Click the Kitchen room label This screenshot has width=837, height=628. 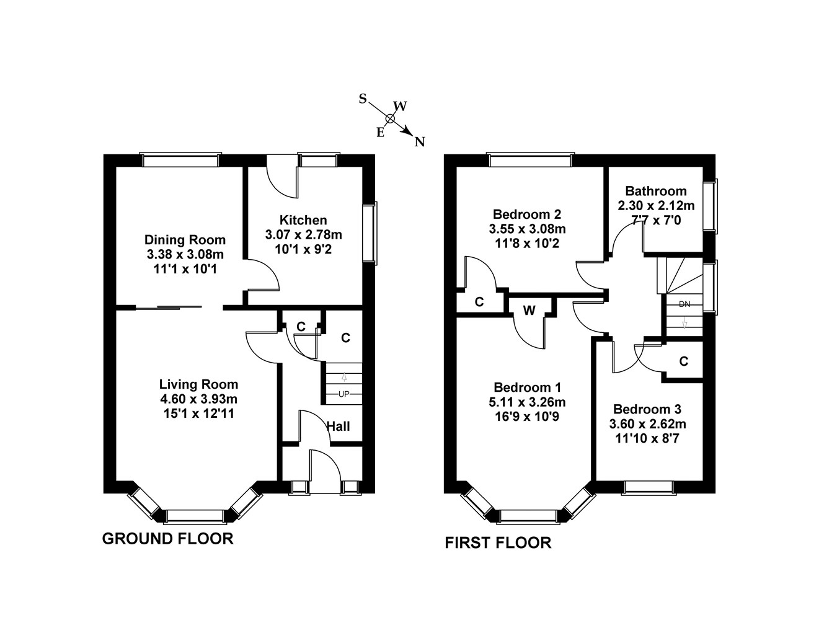click(x=303, y=220)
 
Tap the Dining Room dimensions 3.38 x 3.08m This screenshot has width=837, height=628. click(x=185, y=254)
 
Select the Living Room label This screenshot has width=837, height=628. click(x=198, y=384)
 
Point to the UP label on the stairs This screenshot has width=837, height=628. click(x=343, y=394)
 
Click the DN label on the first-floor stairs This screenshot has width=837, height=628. click(x=684, y=304)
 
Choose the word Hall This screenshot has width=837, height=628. click(x=339, y=427)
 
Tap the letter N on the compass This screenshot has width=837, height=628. click(x=420, y=142)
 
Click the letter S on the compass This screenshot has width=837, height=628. click(x=363, y=99)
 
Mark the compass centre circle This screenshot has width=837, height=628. click(x=390, y=118)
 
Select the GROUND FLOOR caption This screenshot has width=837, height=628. click(x=167, y=539)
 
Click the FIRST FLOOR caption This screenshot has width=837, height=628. click(x=498, y=543)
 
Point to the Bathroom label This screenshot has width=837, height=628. click(x=656, y=191)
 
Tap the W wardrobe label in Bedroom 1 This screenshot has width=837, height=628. click(x=529, y=311)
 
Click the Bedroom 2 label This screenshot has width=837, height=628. click(x=527, y=214)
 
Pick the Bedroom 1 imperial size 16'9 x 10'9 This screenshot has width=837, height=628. click(x=527, y=417)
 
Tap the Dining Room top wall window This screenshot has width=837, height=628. click(x=180, y=161)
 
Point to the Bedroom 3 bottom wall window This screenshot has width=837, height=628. click(x=648, y=487)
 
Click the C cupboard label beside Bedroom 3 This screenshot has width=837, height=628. click(x=683, y=361)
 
